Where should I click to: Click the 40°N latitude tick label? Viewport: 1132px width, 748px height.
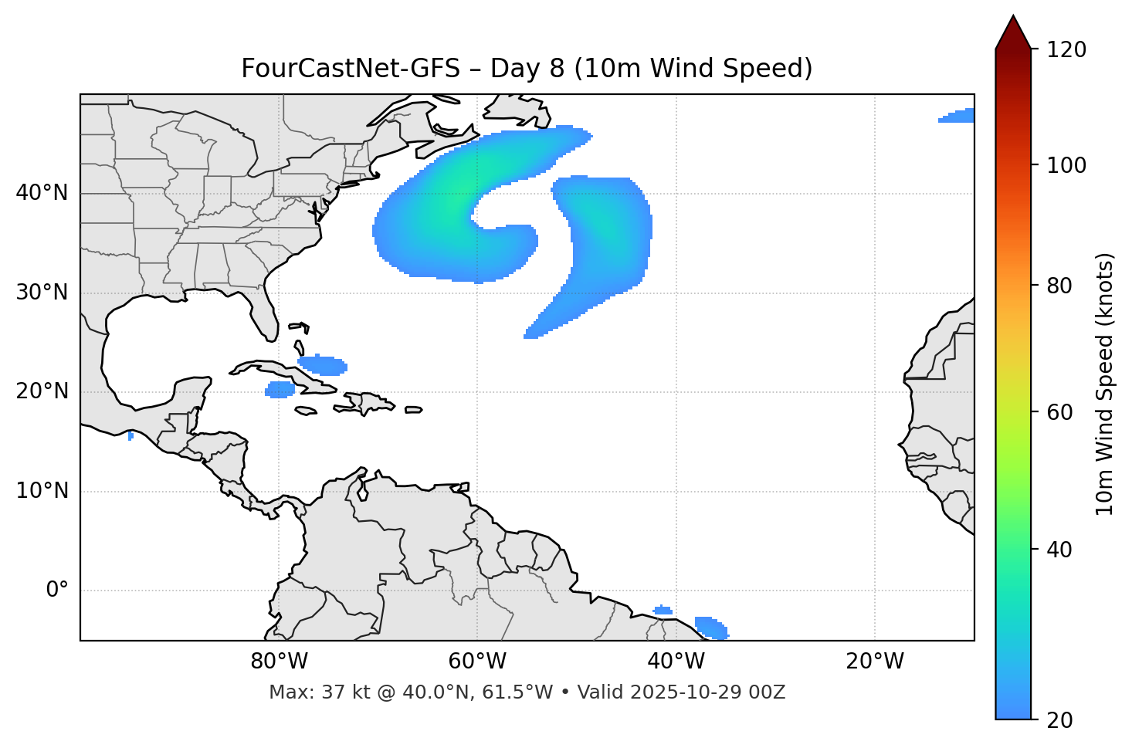tap(42, 193)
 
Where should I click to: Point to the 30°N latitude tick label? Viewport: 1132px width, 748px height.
tap(42, 293)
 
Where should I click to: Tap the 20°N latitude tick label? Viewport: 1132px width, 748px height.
tap(42, 391)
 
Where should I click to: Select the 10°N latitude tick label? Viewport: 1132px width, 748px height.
tap(42, 491)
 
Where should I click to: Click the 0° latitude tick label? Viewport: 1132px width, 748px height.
tap(57, 591)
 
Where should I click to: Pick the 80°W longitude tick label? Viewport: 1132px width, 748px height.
tap(279, 662)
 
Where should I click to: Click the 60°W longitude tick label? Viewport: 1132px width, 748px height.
tap(477, 662)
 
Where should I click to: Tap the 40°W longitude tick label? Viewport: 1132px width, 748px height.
tap(676, 662)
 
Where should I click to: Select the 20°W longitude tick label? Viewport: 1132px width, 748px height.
tap(875, 662)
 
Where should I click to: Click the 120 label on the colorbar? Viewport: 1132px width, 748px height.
tap(1066, 50)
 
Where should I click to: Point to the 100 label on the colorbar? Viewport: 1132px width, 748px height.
tap(1066, 165)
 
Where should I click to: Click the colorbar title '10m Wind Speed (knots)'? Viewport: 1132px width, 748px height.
tap(1105, 384)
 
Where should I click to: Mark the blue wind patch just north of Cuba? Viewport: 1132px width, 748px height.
tap(323, 364)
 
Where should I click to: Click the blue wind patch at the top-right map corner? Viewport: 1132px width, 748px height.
tap(958, 116)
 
